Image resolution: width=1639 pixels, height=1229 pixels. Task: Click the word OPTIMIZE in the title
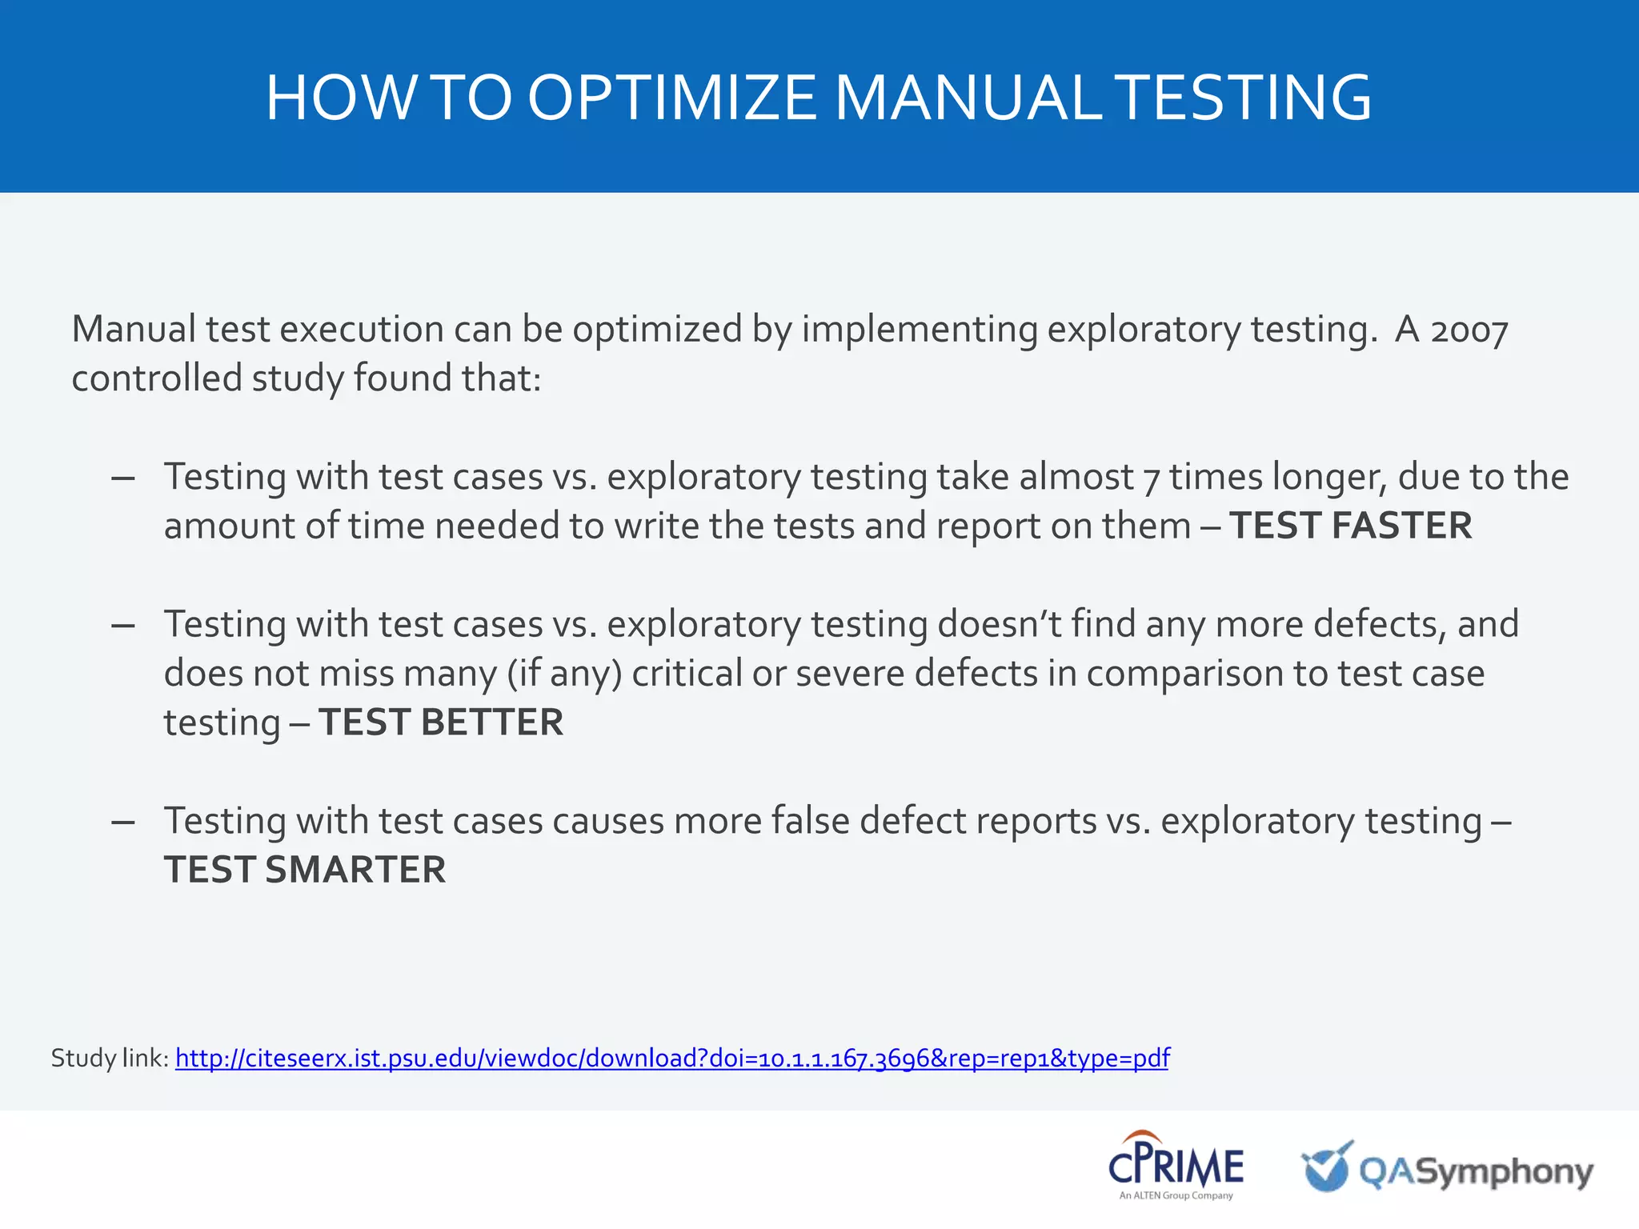click(x=671, y=98)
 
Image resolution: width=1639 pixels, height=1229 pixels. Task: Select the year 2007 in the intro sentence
click(x=1469, y=330)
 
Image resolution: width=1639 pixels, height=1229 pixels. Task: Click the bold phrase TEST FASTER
click(x=1350, y=526)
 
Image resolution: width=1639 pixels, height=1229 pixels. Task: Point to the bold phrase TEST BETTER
click(x=441, y=723)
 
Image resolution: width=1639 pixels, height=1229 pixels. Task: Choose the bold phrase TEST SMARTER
click(x=305, y=870)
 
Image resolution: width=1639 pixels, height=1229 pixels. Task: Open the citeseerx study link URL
click(x=672, y=1059)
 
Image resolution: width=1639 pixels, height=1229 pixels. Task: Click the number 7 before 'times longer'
click(x=1151, y=478)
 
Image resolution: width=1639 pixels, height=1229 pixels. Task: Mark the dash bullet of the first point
click(x=123, y=478)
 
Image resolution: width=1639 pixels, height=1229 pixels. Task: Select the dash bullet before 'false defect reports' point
click(x=123, y=823)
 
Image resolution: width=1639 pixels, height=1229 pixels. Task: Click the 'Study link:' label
click(x=110, y=1059)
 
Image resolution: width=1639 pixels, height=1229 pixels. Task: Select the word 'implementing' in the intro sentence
click(x=920, y=330)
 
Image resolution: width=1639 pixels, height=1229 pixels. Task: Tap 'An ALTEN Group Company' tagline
click(x=1176, y=1196)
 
